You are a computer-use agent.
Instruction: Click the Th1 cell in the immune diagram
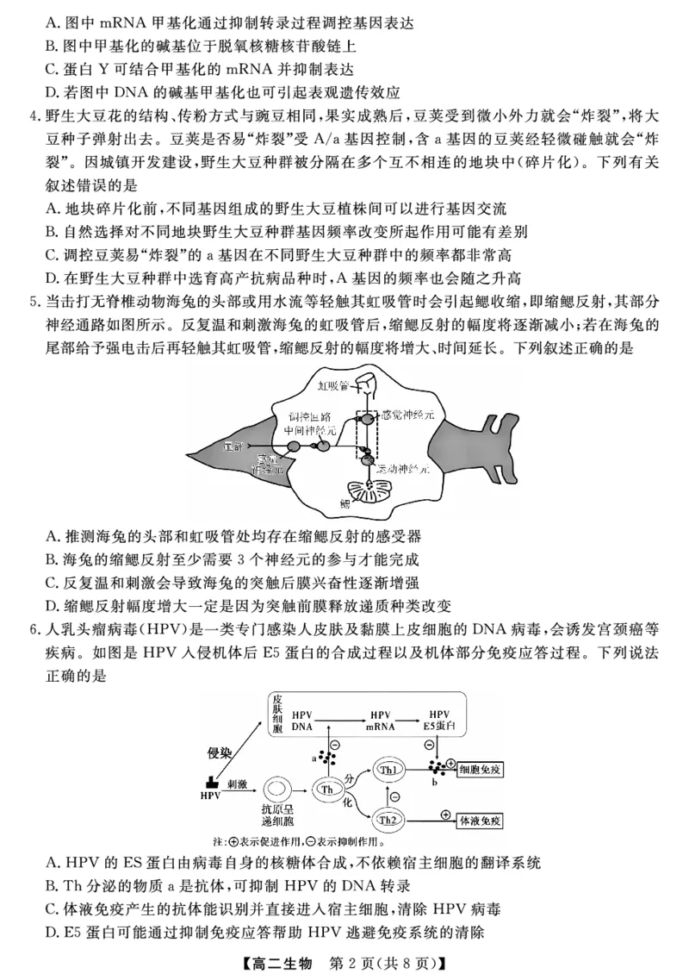tap(388, 769)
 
